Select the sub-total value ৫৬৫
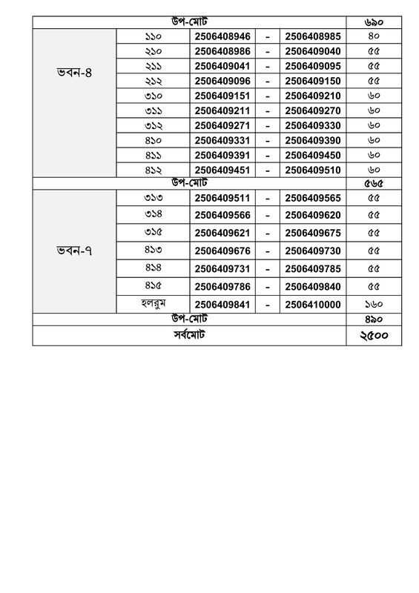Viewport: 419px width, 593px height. coord(374,183)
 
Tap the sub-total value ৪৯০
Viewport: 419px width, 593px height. coord(374,318)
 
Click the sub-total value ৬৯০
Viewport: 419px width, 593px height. coord(374,22)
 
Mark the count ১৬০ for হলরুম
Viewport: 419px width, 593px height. coord(374,304)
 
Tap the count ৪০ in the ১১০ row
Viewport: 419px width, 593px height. coord(374,36)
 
